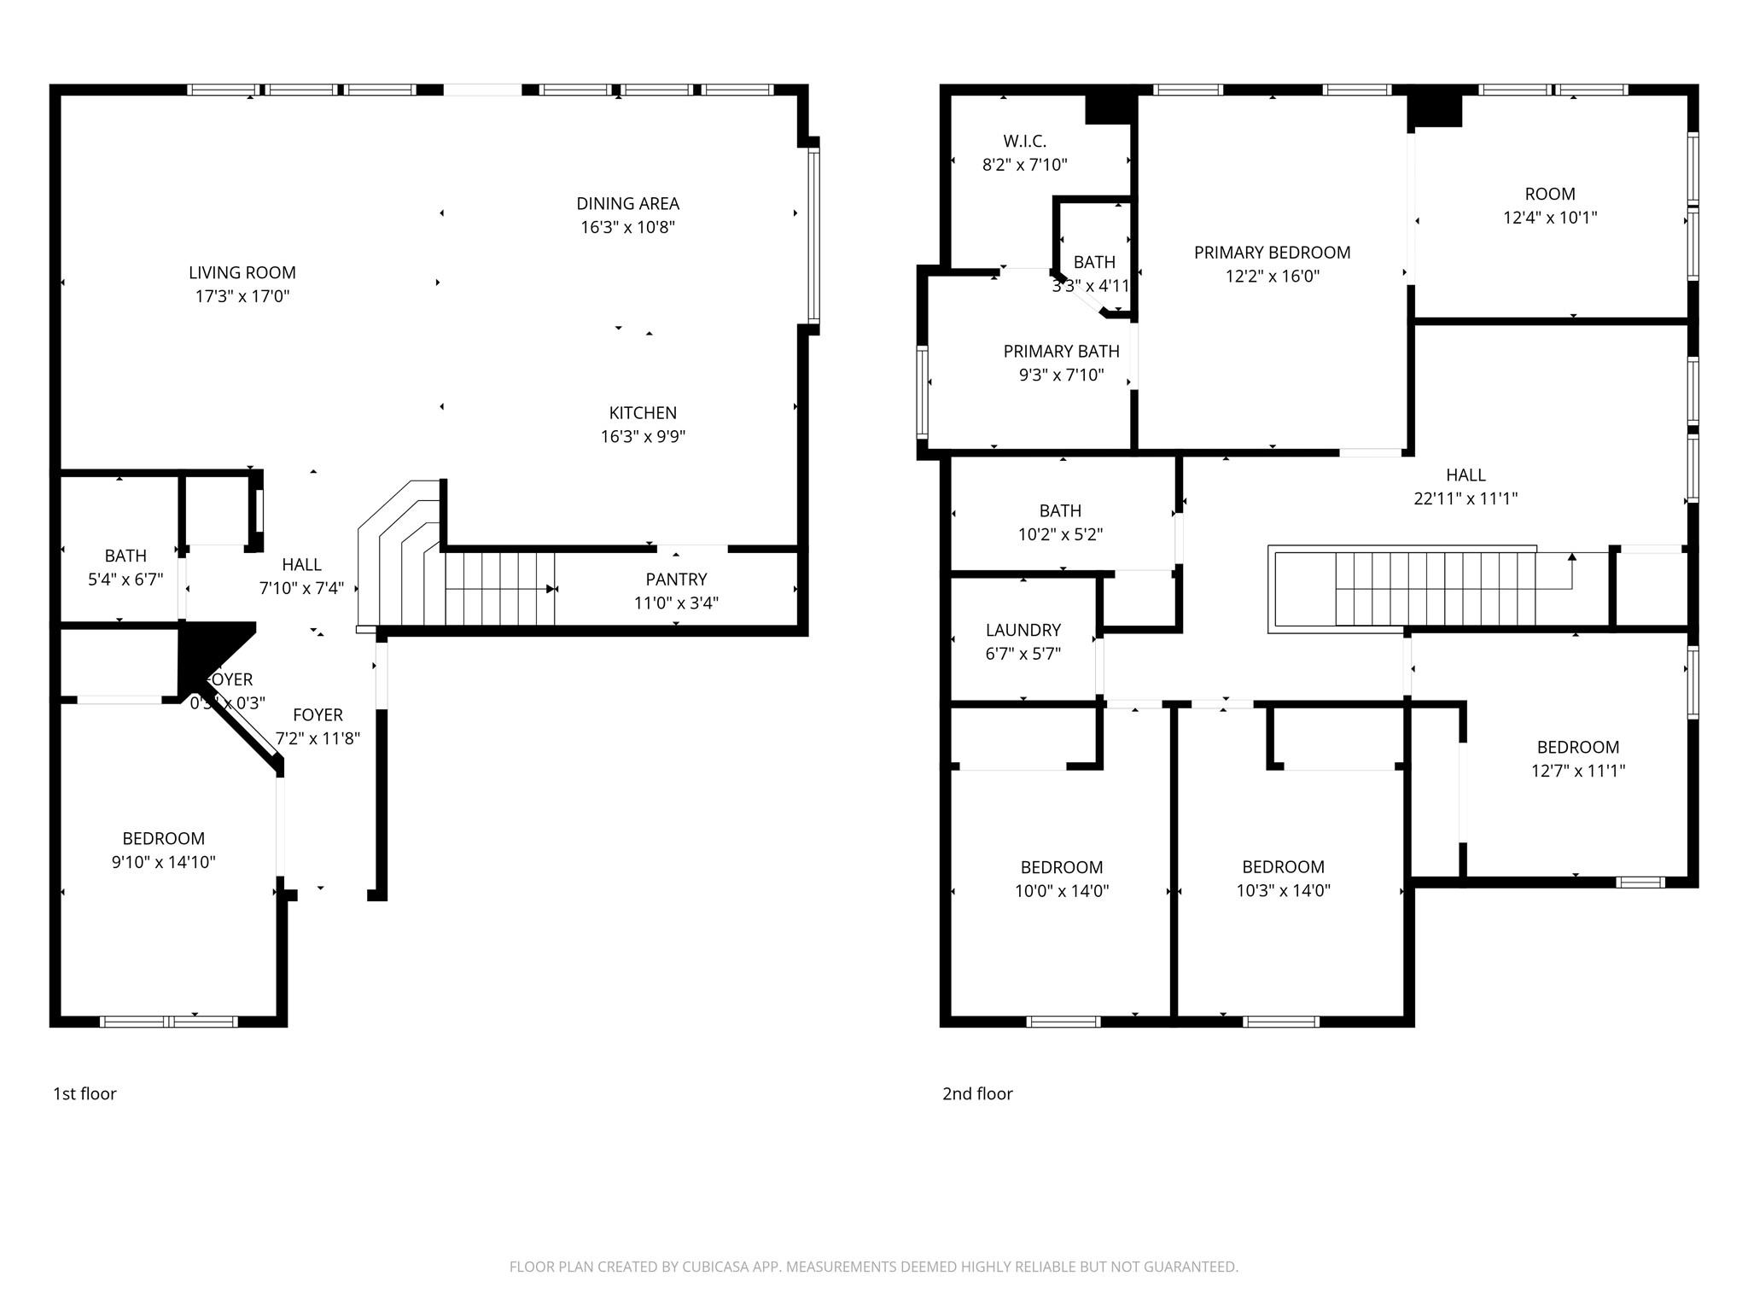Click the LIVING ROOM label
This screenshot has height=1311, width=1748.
[x=242, y=273]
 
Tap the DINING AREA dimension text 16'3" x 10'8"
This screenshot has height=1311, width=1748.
[x=628, y=227]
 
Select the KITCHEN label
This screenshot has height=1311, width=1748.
[x=643, y=413]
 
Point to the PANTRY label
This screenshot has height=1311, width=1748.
[x=676, y=580]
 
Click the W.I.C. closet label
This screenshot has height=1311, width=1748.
[x=1024, y=142]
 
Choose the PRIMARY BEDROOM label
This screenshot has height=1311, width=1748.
[x=1272, y=253]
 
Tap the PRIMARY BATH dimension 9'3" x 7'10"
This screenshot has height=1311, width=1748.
[x=1061, y=375]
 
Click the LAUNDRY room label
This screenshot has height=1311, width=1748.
[x=1023, y=631]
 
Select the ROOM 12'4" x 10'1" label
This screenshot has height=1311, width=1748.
[x=1550, y=195]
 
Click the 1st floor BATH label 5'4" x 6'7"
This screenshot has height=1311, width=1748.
[x=125, y=556]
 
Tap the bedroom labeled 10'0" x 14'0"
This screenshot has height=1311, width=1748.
[x=1062, y=868]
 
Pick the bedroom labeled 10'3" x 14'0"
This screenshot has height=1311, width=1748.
[x=1283, y=868]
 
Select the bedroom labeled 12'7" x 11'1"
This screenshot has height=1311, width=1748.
[x=1577, y=748]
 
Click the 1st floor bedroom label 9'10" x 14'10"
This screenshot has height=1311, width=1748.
[x=163, y=839]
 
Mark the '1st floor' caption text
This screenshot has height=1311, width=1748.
[x=84, y=1094]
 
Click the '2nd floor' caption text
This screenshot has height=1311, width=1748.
[x=977, y=1094]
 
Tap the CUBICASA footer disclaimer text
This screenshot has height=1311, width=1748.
[x=873, y=1267]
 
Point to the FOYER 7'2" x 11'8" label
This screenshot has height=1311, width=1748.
[x=318, y=716]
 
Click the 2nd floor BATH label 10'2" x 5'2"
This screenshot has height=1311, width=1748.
[x=1060, y=511]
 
